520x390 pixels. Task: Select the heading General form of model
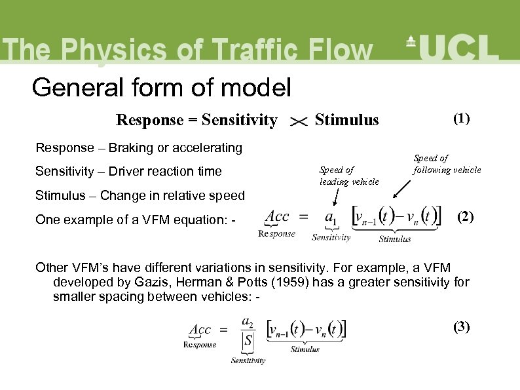pyautogui.click(x=161, y=87)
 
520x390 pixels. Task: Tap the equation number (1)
pyautogui.click(x=461, y=119)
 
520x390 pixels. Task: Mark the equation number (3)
pyautogui.click(x=462, y=327)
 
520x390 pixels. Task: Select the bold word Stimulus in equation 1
pyautogui.click(x=346, y=120)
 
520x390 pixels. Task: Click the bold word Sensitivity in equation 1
pyautogui.click(x=240, y=120)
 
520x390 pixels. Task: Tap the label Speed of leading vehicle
pyautogui.click(x=348, y=176)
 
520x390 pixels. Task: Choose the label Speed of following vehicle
pyautogui.click(x=447, y=164)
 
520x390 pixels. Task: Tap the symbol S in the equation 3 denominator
pyautogui.click(x=247, y=341)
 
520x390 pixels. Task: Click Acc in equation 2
pyautogui.click(x=276, y=215)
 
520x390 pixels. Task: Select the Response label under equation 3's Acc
pyautogui.click(x=200, y=345)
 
